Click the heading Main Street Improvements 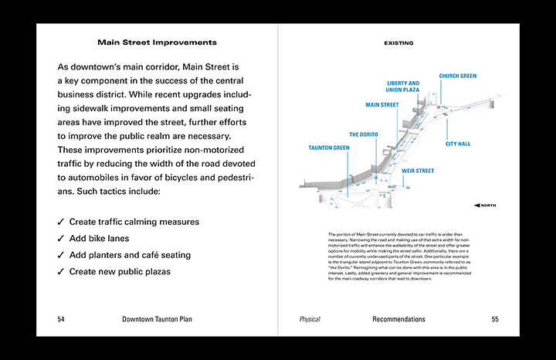click(157, 42)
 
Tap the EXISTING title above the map click(398, 43)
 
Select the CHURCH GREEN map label click(458, 76)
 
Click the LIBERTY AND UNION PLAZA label click(402, 87)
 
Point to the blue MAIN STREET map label click(381, 105)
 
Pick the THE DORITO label click(363, 134)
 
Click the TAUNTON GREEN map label click(328, 148)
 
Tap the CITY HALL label click(458, 144)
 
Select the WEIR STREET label click(418, 171)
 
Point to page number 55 click(495, 319)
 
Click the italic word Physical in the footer click(310, 319)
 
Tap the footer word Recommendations click(398, 319)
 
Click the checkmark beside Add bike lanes click(61, 239)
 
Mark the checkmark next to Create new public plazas click(61, 272)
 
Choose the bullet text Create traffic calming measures click(134, 222)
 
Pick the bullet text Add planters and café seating click(129, 255)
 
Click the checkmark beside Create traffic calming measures click(61, 222)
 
